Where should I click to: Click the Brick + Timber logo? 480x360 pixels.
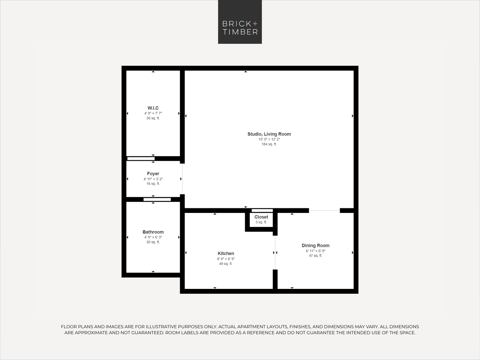point(240,22)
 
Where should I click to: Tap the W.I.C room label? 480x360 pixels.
point(153,108)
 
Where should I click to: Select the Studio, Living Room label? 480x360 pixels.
point(269,134)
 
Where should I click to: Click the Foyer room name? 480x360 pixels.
point(153,174)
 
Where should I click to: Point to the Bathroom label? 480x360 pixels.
point(153,232)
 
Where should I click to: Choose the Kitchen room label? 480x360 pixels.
point(226,253)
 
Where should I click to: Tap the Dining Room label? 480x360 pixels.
point(316,245)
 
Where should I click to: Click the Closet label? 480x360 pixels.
point(261,217)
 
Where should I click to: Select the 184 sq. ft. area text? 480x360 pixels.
point(269,144)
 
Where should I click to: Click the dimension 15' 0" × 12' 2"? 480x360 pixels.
point(269,139)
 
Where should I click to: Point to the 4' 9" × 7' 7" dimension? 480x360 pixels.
point(153,113)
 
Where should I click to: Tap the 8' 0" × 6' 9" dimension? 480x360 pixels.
point(226,259)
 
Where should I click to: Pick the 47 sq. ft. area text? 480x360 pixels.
point(316,256)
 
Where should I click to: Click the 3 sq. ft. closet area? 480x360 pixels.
point(261,222)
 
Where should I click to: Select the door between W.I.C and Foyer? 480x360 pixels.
point(141,158)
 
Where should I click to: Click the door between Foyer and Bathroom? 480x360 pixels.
point(157,199)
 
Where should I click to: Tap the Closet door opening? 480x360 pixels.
point(262,211)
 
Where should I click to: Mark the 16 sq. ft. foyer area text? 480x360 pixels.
point(153,184)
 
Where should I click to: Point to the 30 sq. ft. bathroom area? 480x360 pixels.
point(153,242)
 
